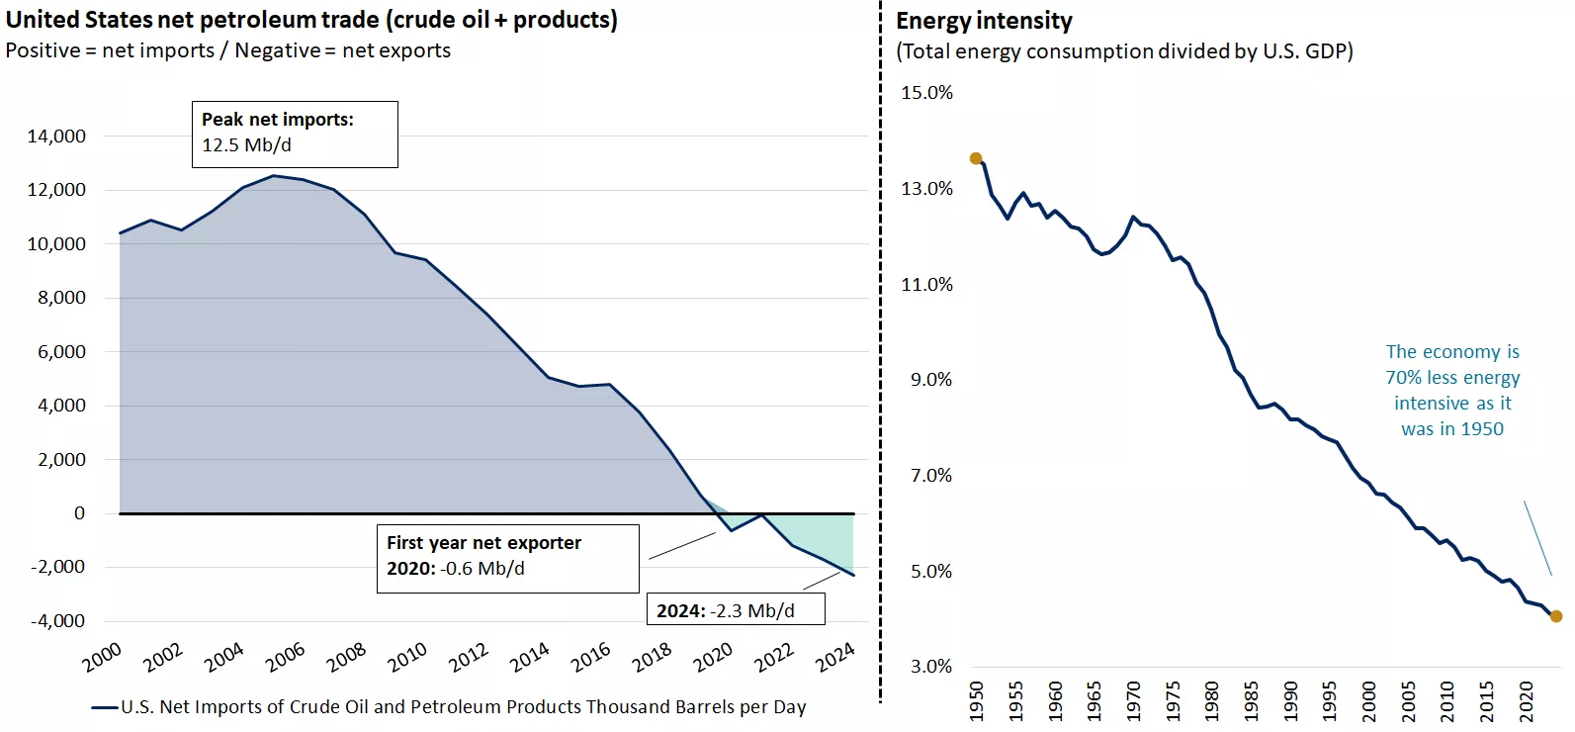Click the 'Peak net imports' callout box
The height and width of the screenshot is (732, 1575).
coord(295,134)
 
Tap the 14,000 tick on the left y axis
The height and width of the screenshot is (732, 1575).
coord(56,137)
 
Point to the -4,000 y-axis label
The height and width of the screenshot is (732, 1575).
coord(57,621)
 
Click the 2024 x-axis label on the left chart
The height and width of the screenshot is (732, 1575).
coord(834,657)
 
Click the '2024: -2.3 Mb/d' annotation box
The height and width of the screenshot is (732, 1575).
coord(736,610)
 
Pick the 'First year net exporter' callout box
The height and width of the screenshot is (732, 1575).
coord(507,558)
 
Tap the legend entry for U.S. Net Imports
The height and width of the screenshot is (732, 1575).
coord(450,707)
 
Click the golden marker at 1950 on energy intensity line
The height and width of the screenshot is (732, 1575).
coord(976,158)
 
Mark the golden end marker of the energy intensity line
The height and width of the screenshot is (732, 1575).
coord(1556,616)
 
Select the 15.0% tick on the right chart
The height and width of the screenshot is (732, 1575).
coord(926,93)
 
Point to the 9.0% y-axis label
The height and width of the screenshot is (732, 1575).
coord(930,380)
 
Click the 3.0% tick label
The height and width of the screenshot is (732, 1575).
coord(930,667)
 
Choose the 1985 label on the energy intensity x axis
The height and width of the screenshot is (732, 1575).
coord(1251,700)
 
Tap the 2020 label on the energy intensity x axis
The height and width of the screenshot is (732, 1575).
coord(1526,700)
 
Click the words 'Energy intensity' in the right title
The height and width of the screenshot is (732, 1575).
coord(984,21)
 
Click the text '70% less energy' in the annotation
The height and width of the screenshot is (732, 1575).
coord(1452,378)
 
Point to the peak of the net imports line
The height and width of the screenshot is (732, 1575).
coord(274,176)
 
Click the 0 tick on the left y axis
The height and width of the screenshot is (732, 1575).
coord(79,513)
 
